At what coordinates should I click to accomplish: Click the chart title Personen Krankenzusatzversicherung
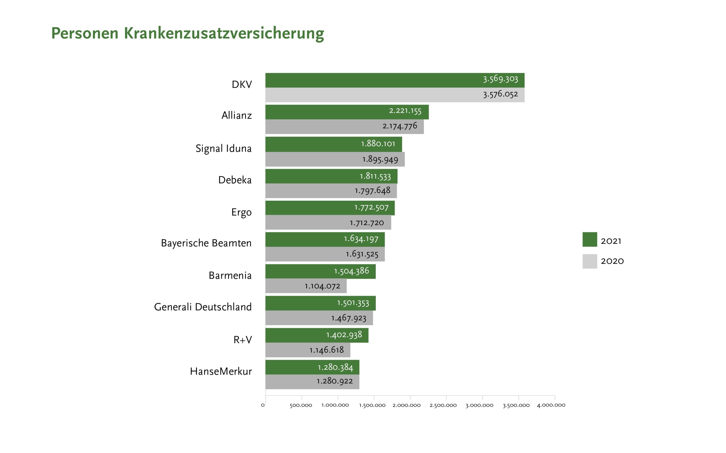187,33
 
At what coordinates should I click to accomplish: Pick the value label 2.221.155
405,111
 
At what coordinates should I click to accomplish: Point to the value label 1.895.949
380,159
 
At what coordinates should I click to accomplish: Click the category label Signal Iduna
223,149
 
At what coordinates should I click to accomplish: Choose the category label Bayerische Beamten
206,243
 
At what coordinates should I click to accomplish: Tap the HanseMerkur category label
221,371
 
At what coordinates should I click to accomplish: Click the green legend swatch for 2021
590,240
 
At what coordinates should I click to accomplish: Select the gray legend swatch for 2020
590,261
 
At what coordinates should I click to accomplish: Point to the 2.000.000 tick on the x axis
406,405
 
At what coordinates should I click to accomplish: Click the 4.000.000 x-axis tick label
551,405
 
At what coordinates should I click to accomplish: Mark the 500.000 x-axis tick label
301,405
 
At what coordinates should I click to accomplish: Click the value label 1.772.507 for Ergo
372,207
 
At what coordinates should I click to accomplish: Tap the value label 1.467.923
349,318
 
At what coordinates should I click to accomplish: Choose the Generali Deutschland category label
203,307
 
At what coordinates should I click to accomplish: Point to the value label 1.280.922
335,381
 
